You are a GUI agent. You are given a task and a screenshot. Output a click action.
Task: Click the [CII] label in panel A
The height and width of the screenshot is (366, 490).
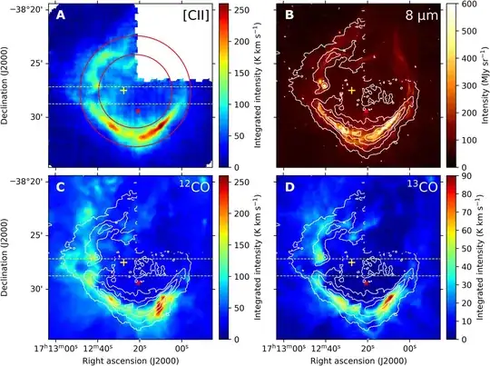[x=195, y=15]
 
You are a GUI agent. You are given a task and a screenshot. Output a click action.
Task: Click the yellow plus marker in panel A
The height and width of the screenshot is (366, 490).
[x=123, y=90]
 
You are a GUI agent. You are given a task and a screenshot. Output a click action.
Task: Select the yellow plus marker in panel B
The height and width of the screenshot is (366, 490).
[x=351, y=90]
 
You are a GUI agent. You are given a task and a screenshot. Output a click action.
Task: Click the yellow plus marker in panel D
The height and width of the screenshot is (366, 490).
[x=351, y=262]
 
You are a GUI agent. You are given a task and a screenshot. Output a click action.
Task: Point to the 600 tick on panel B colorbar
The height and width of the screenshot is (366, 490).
[x=474, y=5]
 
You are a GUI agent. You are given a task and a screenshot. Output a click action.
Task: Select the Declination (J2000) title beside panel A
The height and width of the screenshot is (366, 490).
[x=7, y=86]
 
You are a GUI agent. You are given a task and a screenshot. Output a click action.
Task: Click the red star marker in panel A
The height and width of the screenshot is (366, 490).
[x=138, y=110]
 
